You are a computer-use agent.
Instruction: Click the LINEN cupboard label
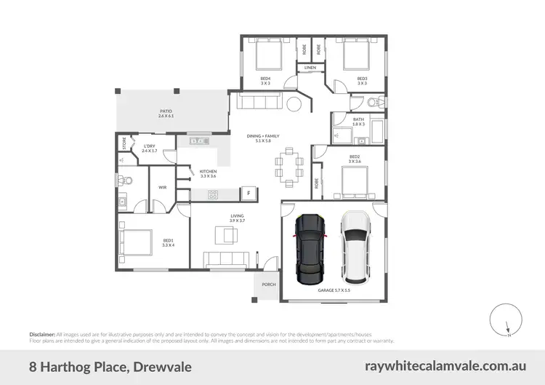pyautogui.click(x=310, y=68)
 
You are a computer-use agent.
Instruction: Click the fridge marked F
pyautogui.click(x=249, y=194)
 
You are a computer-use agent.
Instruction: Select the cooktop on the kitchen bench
pyautogui.click(x=214, y=194)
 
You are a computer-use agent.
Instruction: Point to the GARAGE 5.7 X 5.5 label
pyautogui.click(x=334, y=290)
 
